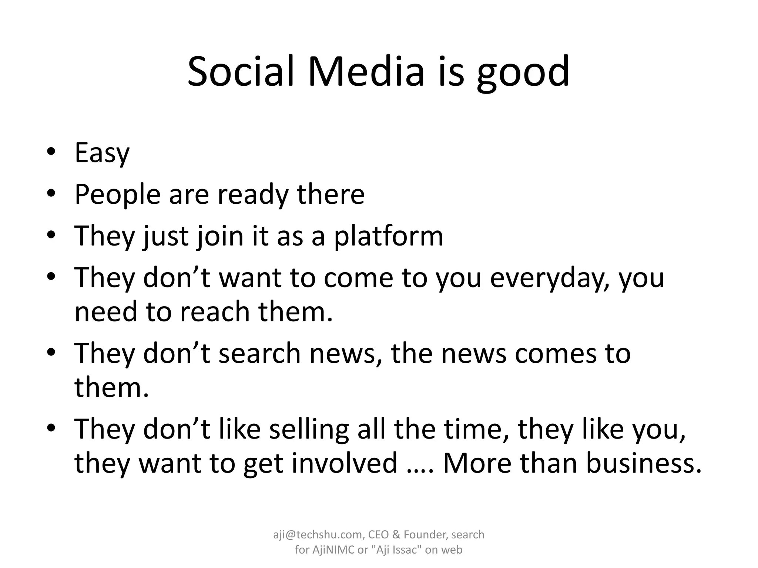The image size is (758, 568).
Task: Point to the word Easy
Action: (102, 153)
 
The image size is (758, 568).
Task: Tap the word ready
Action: (252, 195)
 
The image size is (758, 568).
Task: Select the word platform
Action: (388, 236)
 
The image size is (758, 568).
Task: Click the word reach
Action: (215, 312)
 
